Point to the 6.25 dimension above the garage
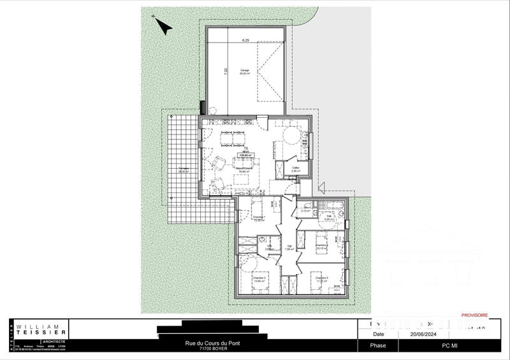coord(245,40)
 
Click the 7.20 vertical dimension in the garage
coord(225,72)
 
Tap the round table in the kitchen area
coord(291,136)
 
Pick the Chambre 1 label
coord(259,219)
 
